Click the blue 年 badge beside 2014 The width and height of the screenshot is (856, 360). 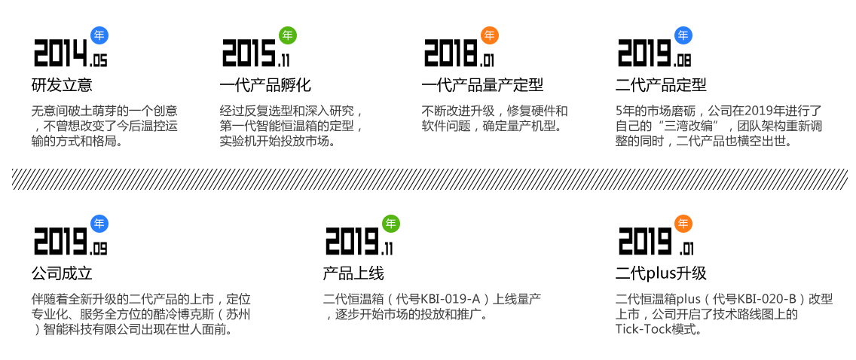[99, 35]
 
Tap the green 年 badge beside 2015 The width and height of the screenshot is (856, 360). [288, 35]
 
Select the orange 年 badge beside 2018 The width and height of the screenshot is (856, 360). [490, 35]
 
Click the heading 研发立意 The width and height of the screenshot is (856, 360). [62, 85]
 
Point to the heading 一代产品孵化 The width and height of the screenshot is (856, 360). [265, 85]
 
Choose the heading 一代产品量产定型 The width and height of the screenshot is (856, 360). [482, 85]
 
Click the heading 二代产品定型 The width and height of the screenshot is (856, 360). [661, 85]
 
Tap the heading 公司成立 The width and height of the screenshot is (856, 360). [62, 273]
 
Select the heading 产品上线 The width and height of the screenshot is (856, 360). [353, 273]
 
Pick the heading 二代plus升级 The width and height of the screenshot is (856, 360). [661, 273]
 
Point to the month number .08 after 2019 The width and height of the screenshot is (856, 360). [683, 60]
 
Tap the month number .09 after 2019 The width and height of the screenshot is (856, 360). [99, 249]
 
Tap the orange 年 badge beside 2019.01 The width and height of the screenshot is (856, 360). [683, 224]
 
